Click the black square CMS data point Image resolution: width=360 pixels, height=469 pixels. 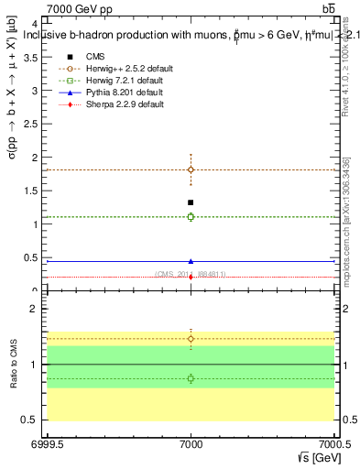click(x=191, y=202)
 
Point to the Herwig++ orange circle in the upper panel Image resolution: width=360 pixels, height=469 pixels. click(x=191, y=169)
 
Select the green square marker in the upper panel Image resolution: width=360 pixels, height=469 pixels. click(x=191, y=217)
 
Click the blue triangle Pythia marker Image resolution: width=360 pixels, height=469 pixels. click(x=191, y=261)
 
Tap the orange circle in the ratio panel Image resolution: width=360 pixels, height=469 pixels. click(x=191, y=339)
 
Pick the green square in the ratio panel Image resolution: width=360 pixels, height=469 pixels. click(x=191, y=378)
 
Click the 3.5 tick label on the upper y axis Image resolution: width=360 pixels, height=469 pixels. click(x=30, y=57)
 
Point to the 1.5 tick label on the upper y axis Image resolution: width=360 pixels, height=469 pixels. click(x=30, y=191)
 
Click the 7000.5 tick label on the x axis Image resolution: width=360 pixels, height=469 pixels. click(x=334, y=443)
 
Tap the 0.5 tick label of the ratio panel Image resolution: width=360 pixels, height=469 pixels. click(x=30, y=420)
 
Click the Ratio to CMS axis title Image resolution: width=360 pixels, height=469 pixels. click(x=15, y=363)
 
